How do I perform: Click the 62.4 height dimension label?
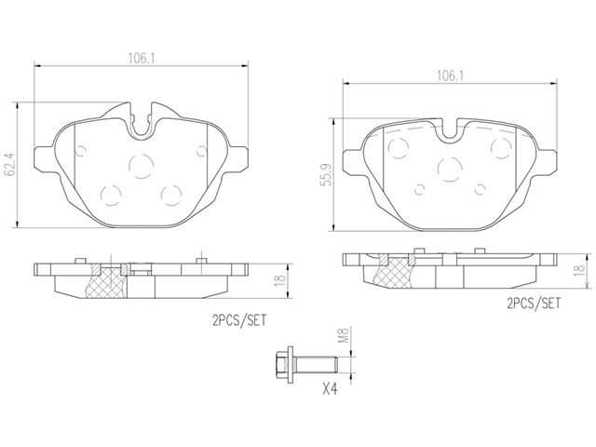point(10,165)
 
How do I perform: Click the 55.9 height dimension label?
point(326,175)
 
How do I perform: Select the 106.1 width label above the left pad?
point(142,58)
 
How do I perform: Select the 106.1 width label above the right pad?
point(450,75)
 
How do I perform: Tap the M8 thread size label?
point(345,334)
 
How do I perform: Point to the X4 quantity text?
point(330,389)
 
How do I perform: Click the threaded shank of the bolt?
point(316,364)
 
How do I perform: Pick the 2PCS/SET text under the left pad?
point(239,321)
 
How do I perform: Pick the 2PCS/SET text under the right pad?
point(534,303)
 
